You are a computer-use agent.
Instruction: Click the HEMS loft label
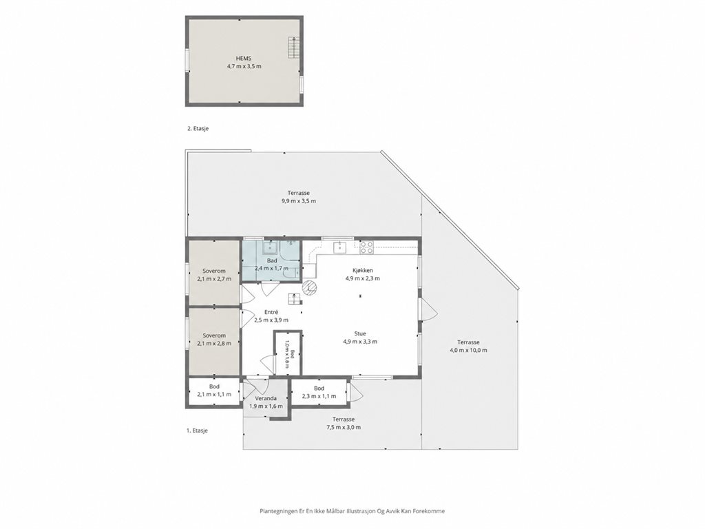pyautogui.click(x=244, y=58)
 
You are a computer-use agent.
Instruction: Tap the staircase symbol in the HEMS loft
pyautogui.click(x=293, y=48)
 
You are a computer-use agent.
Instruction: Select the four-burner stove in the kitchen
pyautogui.click(x=366, y=246)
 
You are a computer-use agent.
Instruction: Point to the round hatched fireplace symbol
pyautogui.click(x=309, y=287)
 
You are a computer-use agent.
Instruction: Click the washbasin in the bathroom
pyautogui.click(x=270, y=247)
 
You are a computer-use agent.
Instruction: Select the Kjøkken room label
pyautogui.click(x=362, y=270)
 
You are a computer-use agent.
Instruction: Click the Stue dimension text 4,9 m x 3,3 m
pyautogui.click(x=359, y=342)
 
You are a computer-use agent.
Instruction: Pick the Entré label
pyautogui.click(x=271, y=312)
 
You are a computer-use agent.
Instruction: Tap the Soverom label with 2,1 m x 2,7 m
pyautogui.click(x=214, y=271)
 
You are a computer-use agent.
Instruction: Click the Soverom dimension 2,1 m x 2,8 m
pyautogui.click(x=214, y=343)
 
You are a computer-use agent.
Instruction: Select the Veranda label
pyautogui.click(x=266, y=398)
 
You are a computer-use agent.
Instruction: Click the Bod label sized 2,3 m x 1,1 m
pyautogui.click(x=319, y=388)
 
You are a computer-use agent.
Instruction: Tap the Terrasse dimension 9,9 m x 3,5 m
pyautogui.click(x=299, y=200)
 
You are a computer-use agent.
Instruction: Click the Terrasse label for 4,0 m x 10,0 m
pyautogui.click(x=468, y=342)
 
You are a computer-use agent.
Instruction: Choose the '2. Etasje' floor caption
pyautogui.click(x=198, y=128)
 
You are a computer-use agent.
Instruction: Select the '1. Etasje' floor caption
pyautogui.click(x=197, y=431)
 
